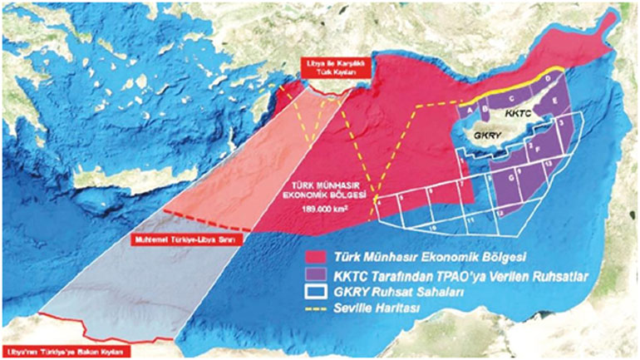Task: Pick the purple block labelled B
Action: pyautogui.click(x=485, y=106)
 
